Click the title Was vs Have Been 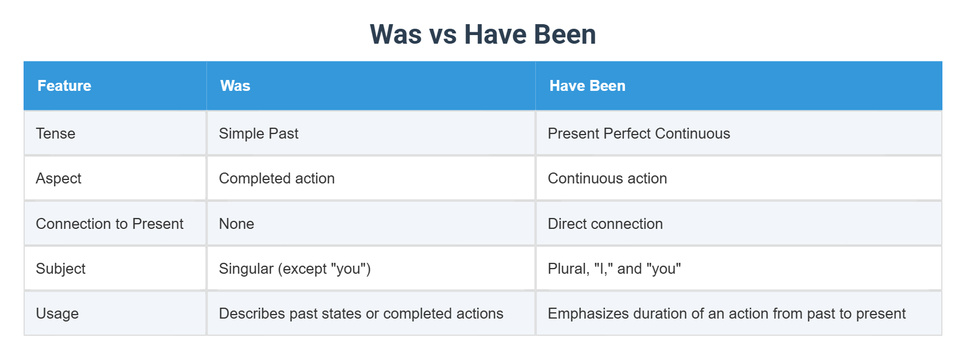[x=482, y=35]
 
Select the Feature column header [x=64, y=86]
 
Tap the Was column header [x=235, y=86]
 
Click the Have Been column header [x=587, y=86]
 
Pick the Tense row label [x=56, y=133]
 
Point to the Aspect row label [x=59, y=178]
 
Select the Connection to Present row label [x=109, y=224]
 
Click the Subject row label [x=60, y=269]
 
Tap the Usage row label [x=57, y=313]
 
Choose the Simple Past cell [x=259, y=133]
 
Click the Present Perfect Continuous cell [x=639, y=133]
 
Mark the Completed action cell [x=277, y=178]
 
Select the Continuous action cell [x=607, y=178]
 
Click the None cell [x=236, y=224]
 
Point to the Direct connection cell [x=605, y=224]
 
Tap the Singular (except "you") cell [x=294, y=269]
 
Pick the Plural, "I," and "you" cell [x=614, y=269]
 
